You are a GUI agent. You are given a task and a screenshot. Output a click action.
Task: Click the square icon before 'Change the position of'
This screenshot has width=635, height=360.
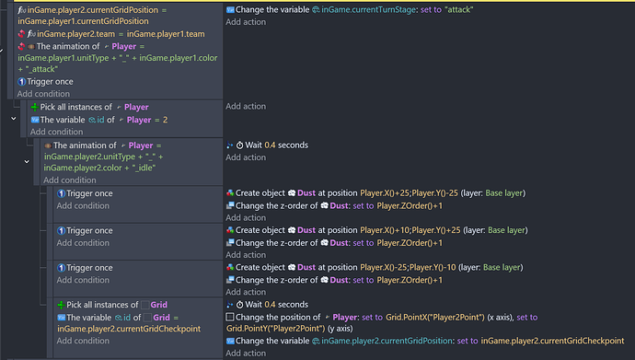229,317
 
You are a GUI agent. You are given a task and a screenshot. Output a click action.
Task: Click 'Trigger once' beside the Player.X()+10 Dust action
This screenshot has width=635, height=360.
90,230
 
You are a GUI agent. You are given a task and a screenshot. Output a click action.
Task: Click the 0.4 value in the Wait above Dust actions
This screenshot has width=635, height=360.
269,145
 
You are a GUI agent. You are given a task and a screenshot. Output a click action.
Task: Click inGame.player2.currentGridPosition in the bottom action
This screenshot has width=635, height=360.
396,342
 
